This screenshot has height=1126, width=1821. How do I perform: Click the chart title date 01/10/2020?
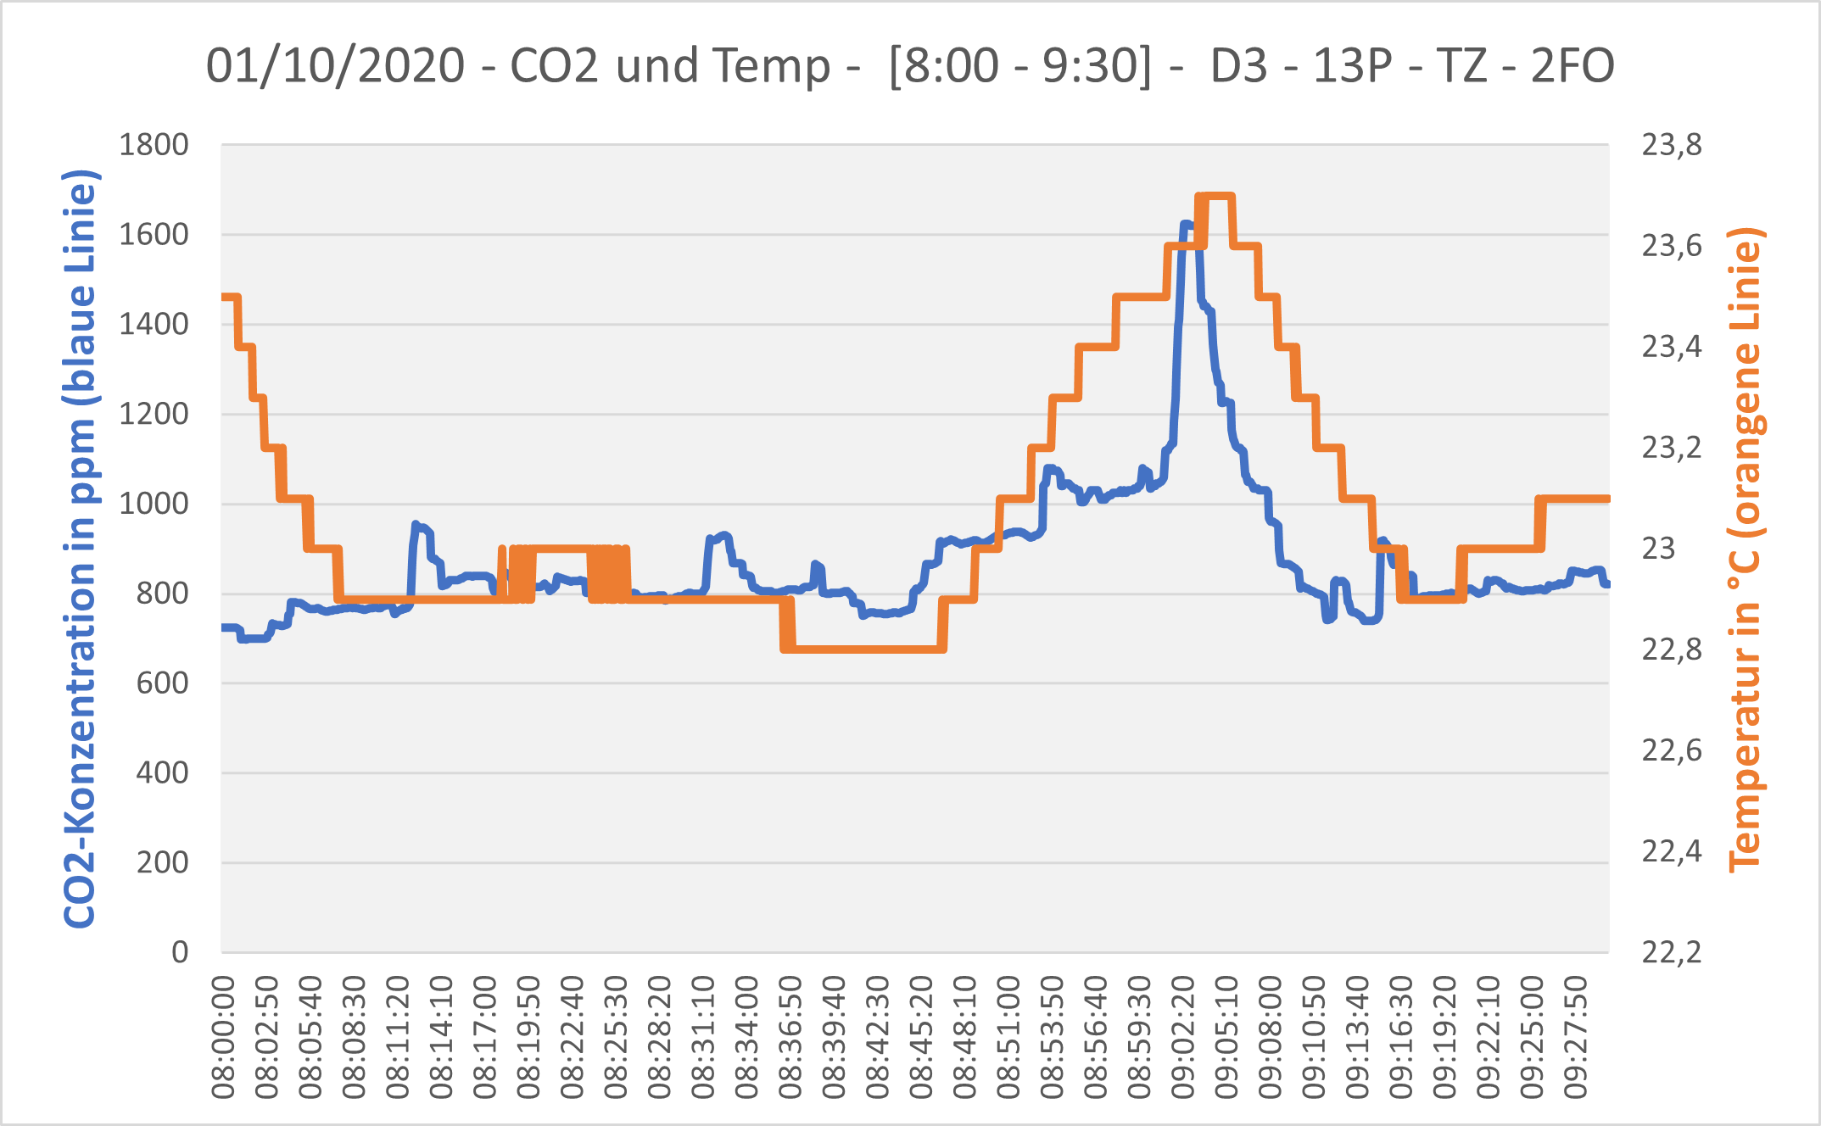(336, 66)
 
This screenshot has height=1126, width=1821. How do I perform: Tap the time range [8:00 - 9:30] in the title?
(1020, 66)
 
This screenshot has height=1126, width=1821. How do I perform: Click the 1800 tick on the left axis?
(154, 146)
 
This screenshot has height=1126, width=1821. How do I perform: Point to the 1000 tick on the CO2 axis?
(154, 504)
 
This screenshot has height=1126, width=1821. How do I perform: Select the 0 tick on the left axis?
(179, 952)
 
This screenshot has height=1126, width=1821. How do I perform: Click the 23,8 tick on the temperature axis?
(1672, 146)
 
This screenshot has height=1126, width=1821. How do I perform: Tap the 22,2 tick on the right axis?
(1672, 952)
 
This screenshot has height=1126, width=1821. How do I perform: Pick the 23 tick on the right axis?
(1659, 549)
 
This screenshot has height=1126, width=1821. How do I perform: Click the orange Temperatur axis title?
(1746, 549)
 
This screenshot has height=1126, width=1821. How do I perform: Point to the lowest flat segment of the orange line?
(862, 649)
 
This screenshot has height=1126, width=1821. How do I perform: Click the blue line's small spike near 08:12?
(416, 526)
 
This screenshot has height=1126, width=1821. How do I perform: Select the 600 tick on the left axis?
(162, 683)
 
